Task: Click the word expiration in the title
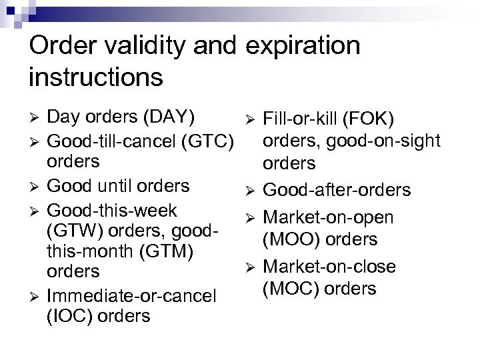click(303, 47)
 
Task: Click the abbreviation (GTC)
click(209, 141)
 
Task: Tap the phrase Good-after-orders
click(337, 190)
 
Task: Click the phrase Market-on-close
click(330, 267)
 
